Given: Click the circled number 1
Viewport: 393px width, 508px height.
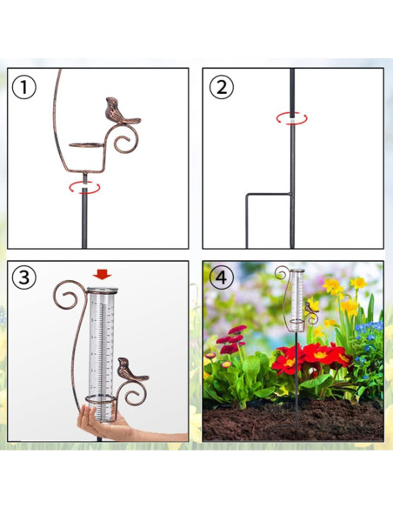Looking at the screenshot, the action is tap(24, 87).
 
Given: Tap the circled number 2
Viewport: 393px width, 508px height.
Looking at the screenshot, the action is tap(222, 87).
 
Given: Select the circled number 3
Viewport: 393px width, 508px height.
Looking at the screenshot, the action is tap(24, 277).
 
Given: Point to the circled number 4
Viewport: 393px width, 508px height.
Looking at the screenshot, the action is tap(222, 277).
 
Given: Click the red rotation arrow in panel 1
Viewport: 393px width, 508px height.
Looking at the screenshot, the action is tap(84, 188).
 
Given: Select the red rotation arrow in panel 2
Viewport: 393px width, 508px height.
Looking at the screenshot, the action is tap(292, 118).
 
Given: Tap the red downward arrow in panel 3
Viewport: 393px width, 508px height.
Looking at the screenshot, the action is tap(102, 275).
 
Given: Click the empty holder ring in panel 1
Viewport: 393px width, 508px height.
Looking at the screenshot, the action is tap(87, 144).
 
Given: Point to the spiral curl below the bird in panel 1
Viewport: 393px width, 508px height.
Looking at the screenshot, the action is tap(126, 139).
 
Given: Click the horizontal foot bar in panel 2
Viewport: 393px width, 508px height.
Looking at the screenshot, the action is tap(268, 194).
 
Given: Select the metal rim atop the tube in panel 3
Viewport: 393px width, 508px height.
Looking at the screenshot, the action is tap(103, 291).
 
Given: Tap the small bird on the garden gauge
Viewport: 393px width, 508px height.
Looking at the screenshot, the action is tap(311, 307).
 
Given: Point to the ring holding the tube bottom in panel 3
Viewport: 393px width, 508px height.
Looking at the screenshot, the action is tap(101, 399).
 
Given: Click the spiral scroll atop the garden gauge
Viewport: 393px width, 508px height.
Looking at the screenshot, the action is tap(282, 273).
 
